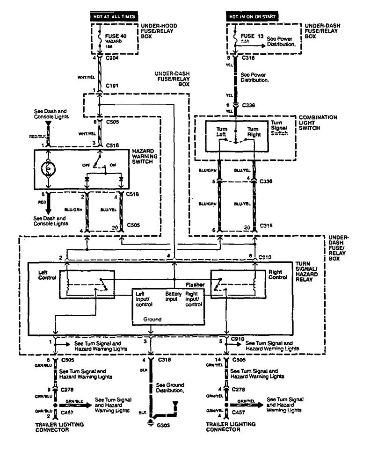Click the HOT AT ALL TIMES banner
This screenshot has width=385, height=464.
click(x=108, y=16)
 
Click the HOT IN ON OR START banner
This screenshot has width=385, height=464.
click(x=252, y=16)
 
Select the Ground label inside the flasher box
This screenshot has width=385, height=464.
click(x=153, y=319)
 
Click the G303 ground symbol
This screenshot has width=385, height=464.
click(x=151, y=424)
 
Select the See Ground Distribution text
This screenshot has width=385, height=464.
click(x=172, y=387)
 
